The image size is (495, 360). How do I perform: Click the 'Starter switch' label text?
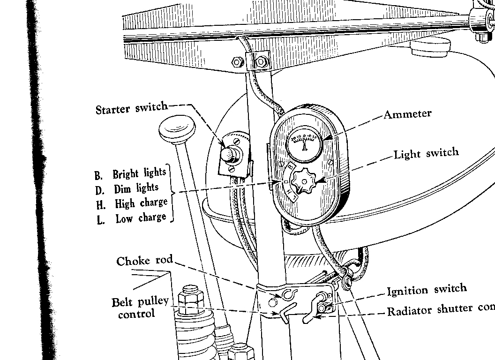pos(131,109)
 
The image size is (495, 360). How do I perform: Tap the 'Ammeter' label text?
pos(407,114)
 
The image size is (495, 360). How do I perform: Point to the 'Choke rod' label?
pos(144,261)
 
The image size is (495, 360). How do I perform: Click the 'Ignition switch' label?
pos(427,290)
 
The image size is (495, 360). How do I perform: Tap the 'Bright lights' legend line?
pos(131,174)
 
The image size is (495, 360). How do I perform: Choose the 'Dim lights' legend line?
pos(127,189)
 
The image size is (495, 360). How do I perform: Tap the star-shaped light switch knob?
pos(304,181)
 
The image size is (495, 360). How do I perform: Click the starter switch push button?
pos(228,154)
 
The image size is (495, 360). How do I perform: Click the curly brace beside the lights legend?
pos(171,193)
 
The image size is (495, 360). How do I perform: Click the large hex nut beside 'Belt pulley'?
pos(191,299)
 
